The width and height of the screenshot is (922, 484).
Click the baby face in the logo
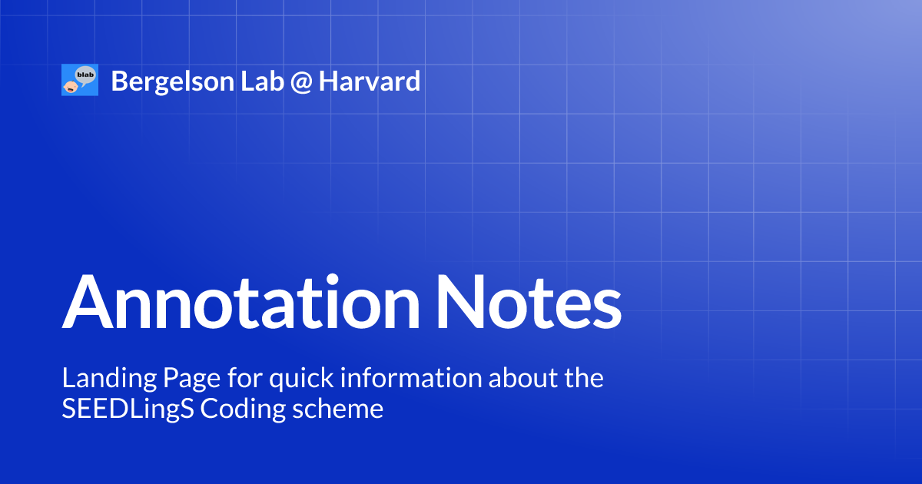point(70,85)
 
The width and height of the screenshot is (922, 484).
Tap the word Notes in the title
point(528,302)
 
